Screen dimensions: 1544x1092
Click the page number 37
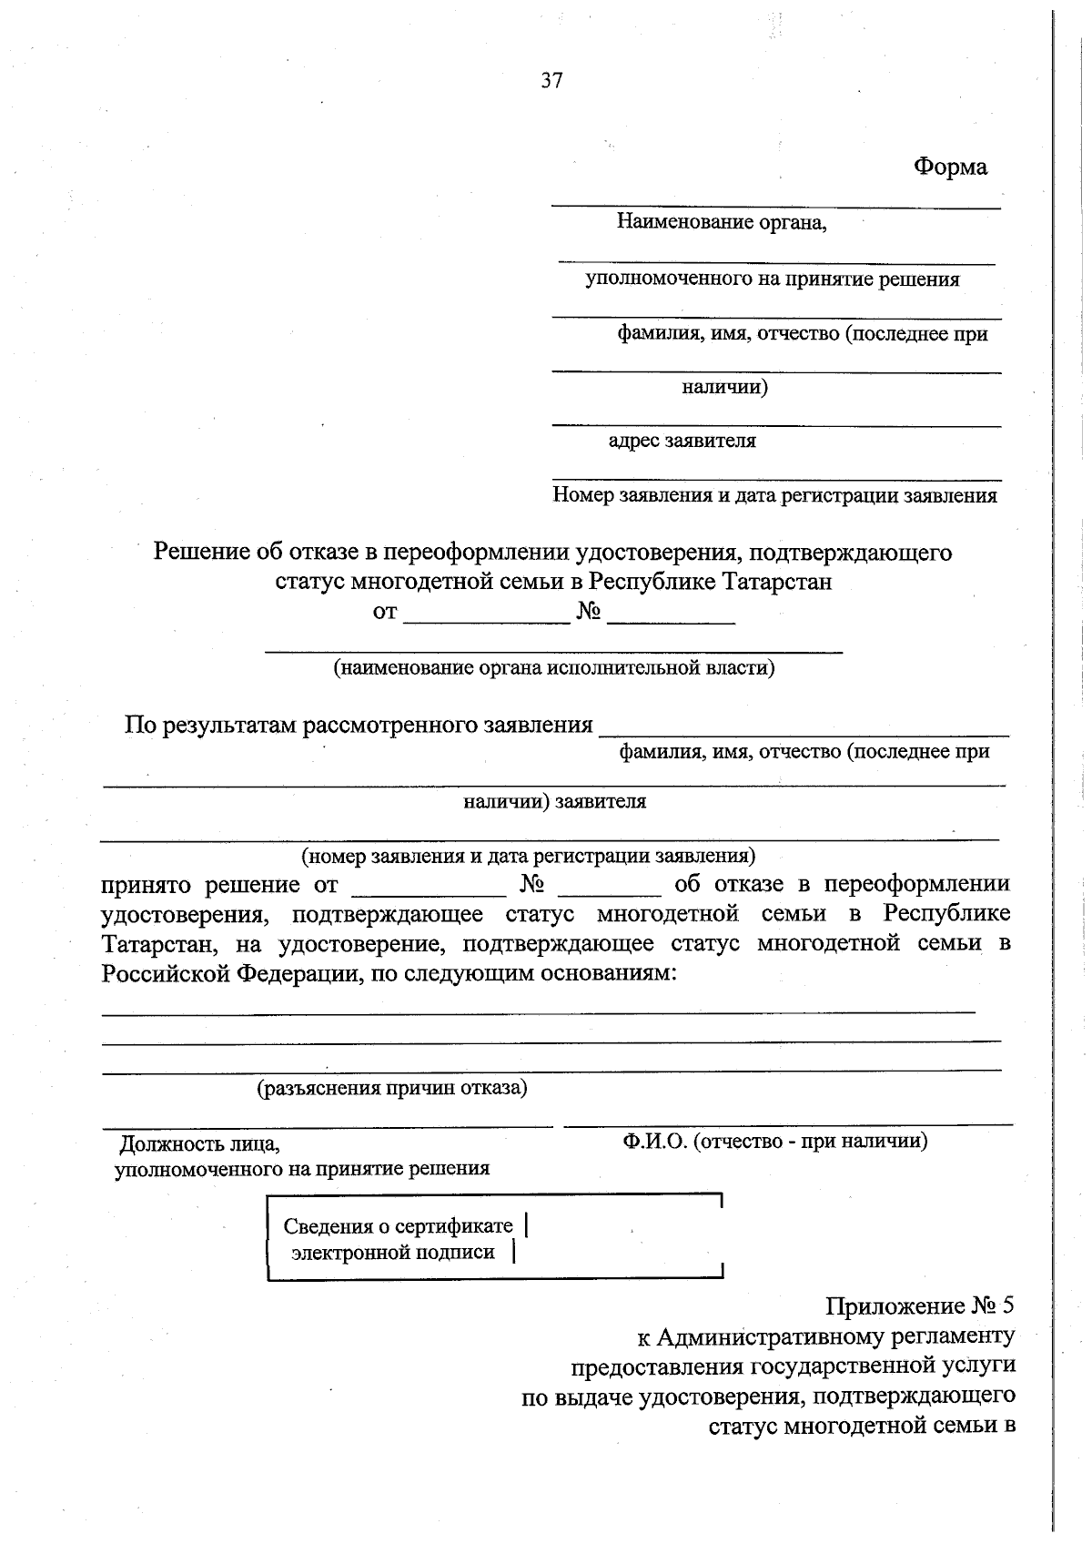click(551, 80)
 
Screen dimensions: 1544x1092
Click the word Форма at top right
click(950, 167)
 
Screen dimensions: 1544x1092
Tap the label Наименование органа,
click(722, 221)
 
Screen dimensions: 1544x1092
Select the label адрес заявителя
click(682, 442)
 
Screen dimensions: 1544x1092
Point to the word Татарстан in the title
click(776, 581)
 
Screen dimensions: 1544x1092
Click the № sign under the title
click(589, 612)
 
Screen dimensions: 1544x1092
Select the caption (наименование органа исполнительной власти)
click(553, 668)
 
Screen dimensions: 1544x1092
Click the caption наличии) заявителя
click(554, 801)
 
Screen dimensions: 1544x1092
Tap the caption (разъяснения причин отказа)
click(392, 1087)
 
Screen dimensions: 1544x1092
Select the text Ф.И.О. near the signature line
click(654, 1141)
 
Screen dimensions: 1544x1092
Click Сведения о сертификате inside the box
click(398, 1226)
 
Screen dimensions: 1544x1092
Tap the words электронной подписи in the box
click(393, 1253)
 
